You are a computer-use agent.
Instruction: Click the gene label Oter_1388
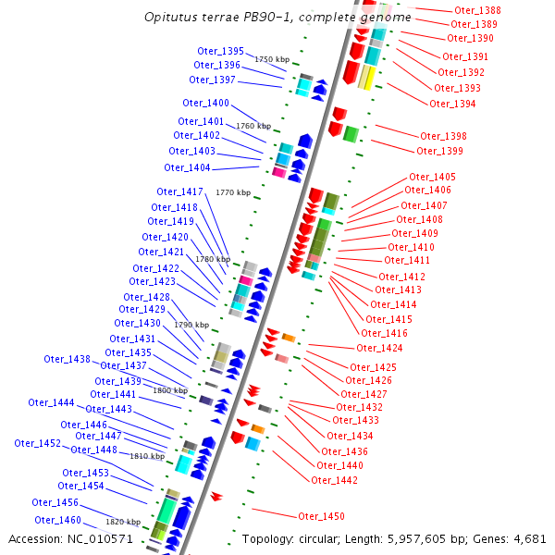tap(478, 10)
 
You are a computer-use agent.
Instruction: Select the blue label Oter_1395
tap(220, 51)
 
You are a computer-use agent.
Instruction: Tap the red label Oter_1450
tap(321, 516)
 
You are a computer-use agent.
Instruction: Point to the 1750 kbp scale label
tap(272, 59)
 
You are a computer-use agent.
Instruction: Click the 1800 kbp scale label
tap(170, 391)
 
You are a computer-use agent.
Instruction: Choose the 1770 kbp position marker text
tap(232, 192)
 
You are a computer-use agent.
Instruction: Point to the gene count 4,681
tap(528, 538)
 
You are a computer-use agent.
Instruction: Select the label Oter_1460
tap(58, 520)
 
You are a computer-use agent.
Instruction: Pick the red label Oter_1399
tap(439, 151)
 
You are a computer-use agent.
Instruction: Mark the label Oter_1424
tap(379, 348)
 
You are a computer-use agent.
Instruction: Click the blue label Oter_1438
tap(68, 359)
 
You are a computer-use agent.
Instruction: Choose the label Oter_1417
tap(179, 191)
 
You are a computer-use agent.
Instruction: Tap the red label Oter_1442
tap(334, 480)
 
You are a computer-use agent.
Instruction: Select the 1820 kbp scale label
tap(123, 523)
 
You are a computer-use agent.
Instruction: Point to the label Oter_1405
tap(432, 177)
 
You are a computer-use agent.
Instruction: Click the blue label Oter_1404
tap(187, 167)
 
